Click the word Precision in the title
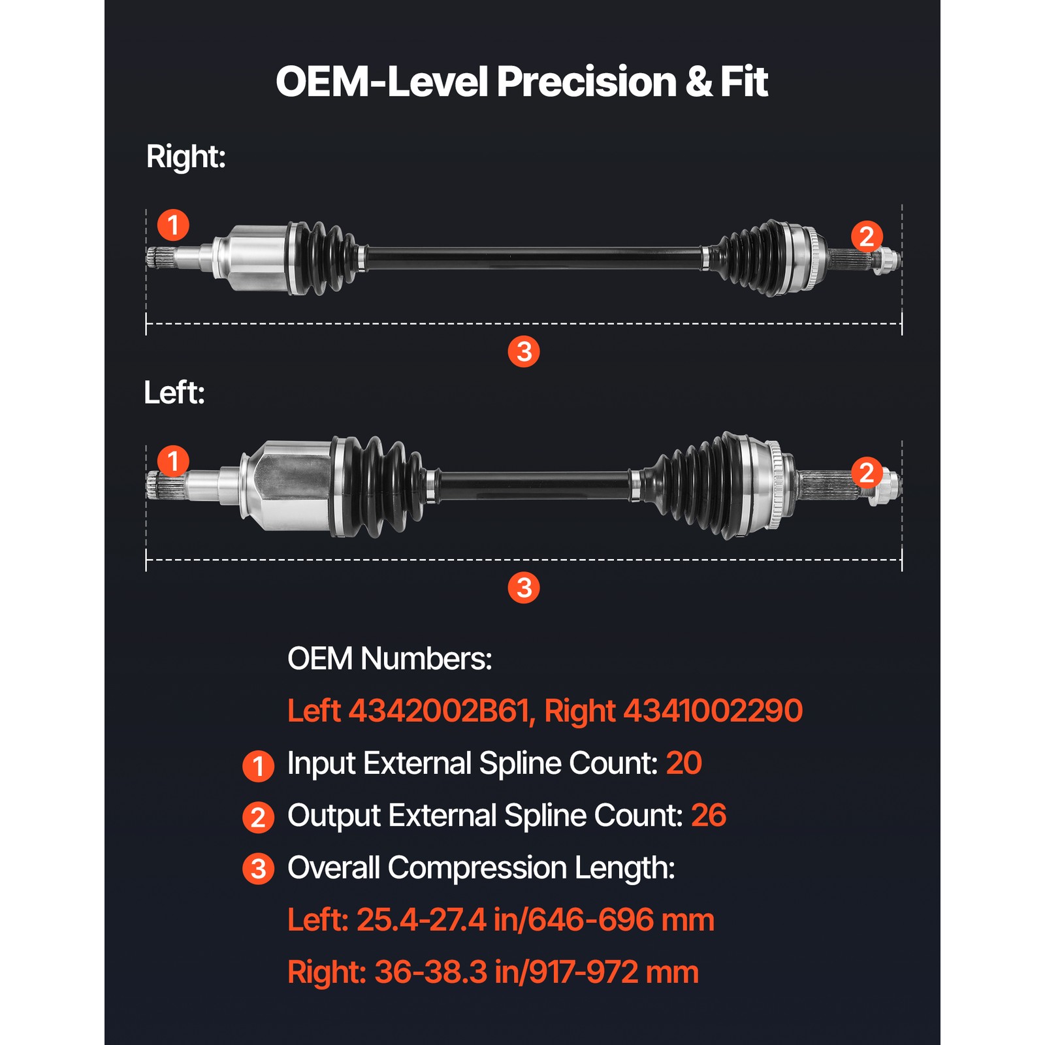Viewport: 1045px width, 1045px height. pos(586,82)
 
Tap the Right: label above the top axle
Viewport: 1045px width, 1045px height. pos(185,157)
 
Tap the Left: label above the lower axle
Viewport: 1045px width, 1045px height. pos(174,393)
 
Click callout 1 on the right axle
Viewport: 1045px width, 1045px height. pos(173,225)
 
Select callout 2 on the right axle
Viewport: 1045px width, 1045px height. pos(867,236)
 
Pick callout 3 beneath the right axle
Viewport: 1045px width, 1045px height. pos(523,351)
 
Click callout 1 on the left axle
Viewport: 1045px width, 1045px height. pos(173,461)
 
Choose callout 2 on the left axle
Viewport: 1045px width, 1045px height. pos(867,473)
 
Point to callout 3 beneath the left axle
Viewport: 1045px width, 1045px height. pos(523,587)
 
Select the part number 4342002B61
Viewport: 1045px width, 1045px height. pos(437,711)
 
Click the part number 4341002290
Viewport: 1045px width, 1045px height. pos(713,711)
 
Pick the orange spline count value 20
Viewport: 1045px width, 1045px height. pos(683,763)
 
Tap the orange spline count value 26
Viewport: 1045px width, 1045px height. pos(708,815)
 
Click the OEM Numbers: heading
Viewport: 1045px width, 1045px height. pos(389,658)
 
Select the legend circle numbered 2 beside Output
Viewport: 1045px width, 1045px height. pos(258,817)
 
